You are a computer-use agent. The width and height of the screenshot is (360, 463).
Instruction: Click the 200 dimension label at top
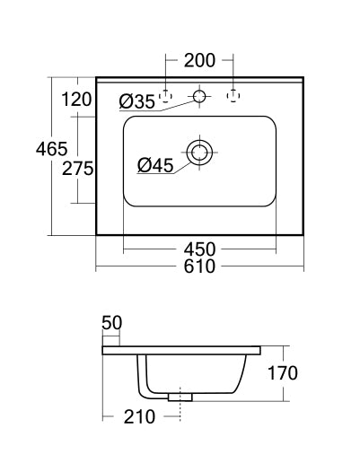[199, 61]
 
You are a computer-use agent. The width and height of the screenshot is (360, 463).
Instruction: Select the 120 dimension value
[77, 100]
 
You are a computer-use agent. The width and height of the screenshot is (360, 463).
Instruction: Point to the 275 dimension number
[77, 168]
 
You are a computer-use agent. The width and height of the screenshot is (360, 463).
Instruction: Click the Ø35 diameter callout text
[137, 101]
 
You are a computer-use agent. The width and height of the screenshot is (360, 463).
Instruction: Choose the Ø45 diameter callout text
[156, 164]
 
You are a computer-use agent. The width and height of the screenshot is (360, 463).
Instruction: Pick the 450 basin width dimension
[199, 249]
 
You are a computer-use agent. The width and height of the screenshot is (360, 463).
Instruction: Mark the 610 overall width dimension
[199, 267]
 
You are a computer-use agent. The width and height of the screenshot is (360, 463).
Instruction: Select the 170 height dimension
[281, 371]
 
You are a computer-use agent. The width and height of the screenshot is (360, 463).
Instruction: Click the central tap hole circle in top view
[199, 94]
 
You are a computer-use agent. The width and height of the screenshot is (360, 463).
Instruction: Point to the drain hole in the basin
[199, 150]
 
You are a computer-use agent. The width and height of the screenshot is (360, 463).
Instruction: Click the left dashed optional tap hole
[166, 94]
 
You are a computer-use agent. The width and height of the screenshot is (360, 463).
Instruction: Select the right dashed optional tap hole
[233, 94]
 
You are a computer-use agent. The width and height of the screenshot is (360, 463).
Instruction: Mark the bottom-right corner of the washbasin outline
[303, 235]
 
